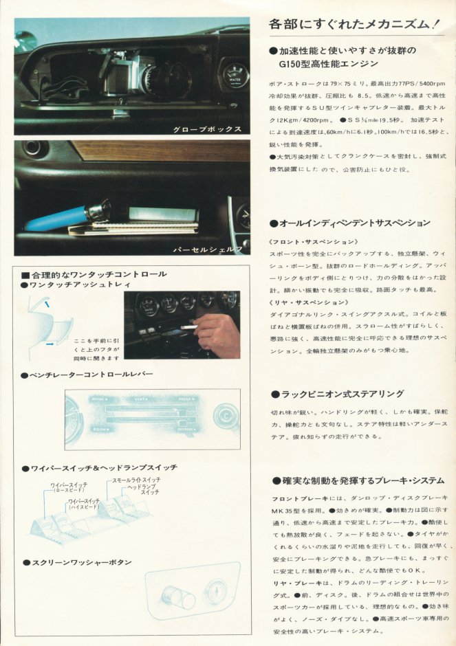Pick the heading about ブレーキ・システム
tap(362, 480)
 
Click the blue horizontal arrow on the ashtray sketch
tap(50, 343)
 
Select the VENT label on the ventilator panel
tap(141, 399)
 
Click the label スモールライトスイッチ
tap(136, 479)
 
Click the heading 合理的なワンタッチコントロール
tap(97, 274)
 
